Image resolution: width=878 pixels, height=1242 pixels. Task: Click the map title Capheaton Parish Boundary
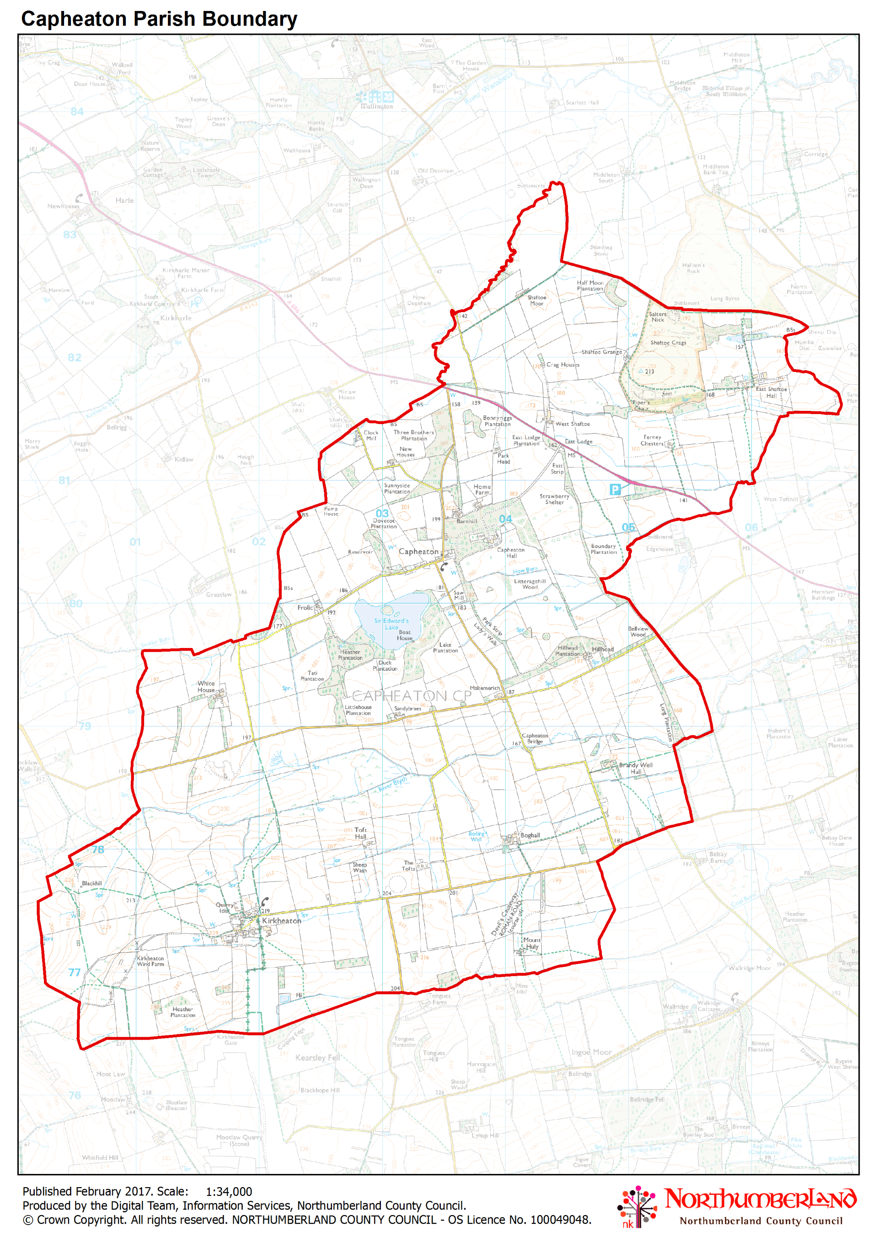pos(159,19)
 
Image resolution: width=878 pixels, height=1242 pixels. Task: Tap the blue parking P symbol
pos(615,489)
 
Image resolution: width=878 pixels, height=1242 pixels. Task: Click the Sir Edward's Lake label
pos(391,624)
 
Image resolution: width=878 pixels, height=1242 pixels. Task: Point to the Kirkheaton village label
pos(282,921)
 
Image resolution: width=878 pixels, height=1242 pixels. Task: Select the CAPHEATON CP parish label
pos(412,695)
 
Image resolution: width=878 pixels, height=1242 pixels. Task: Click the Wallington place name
pos(377,106)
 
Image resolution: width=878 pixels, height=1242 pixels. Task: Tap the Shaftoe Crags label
pos(668,343)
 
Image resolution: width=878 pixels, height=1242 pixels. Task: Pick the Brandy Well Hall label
pos(636,768)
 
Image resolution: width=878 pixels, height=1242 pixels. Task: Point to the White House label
pos(206,686)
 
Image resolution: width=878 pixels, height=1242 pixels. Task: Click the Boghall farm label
pos(530,835)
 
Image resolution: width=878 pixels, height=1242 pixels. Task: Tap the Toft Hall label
pos(360,833)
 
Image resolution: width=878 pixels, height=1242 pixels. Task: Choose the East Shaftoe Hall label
pos(771,392)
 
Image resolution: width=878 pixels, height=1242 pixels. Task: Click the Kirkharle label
pos(176,318)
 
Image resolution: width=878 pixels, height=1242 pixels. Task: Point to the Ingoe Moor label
pos(592,1053)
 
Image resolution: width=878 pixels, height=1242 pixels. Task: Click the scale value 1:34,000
pos(229,1191)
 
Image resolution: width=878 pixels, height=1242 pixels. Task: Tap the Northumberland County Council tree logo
pos(637,1206)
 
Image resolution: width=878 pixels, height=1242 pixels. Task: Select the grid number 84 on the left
pos(77,112)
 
